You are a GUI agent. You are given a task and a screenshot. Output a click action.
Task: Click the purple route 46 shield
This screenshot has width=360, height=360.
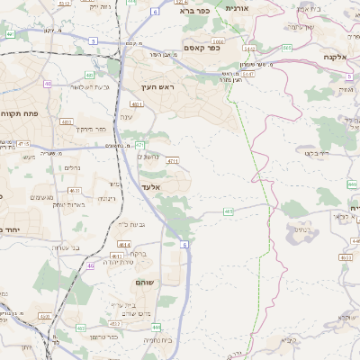tap(91, 266)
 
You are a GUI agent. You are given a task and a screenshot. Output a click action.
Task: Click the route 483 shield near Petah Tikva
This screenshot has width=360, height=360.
tap(66, 120)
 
